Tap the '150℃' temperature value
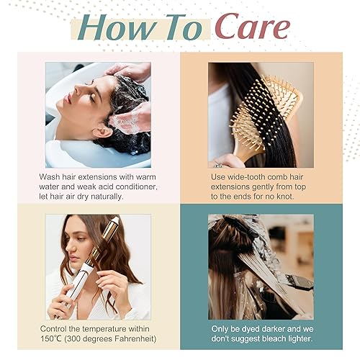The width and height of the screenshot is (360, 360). (x=57, y=339)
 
